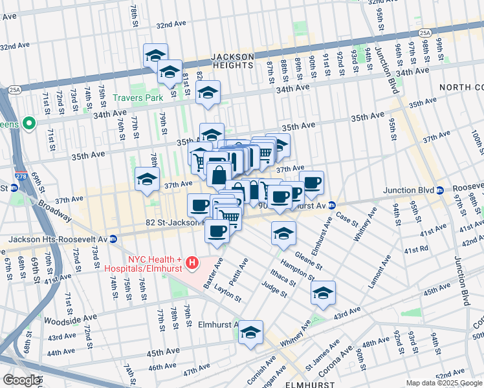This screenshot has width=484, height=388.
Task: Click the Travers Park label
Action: pyautogui.click(x=137, y=98)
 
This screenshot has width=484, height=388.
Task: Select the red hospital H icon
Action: pyautogui.click(x=192, y=263)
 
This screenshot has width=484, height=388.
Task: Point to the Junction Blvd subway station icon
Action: pyautogui.click(x=439, y=190)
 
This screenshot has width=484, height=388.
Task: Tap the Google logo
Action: pyautogui.click(x=21, y=380)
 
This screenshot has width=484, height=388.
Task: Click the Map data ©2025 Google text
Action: pyautogui.click(x=443, y=383)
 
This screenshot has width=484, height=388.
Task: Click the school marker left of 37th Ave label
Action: pyautogui.click(x=147, y=180)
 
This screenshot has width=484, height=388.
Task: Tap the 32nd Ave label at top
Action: pyautogui.click(x=171, y=25)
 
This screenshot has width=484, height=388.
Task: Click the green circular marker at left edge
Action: pyautogui.click(x=28, y=123)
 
